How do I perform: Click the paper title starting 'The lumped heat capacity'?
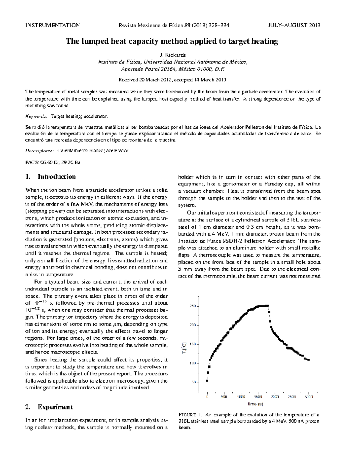coord(172,41)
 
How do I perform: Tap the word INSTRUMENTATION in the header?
coord(52,25)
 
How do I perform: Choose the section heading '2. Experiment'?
coord(49,407)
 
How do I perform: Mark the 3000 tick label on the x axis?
coord(309,397)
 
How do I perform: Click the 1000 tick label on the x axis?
coord(241,397)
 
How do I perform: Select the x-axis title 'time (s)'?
coord(255,404)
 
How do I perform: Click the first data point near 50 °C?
coord(207,381)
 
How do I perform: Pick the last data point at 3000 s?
coord(308,359)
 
